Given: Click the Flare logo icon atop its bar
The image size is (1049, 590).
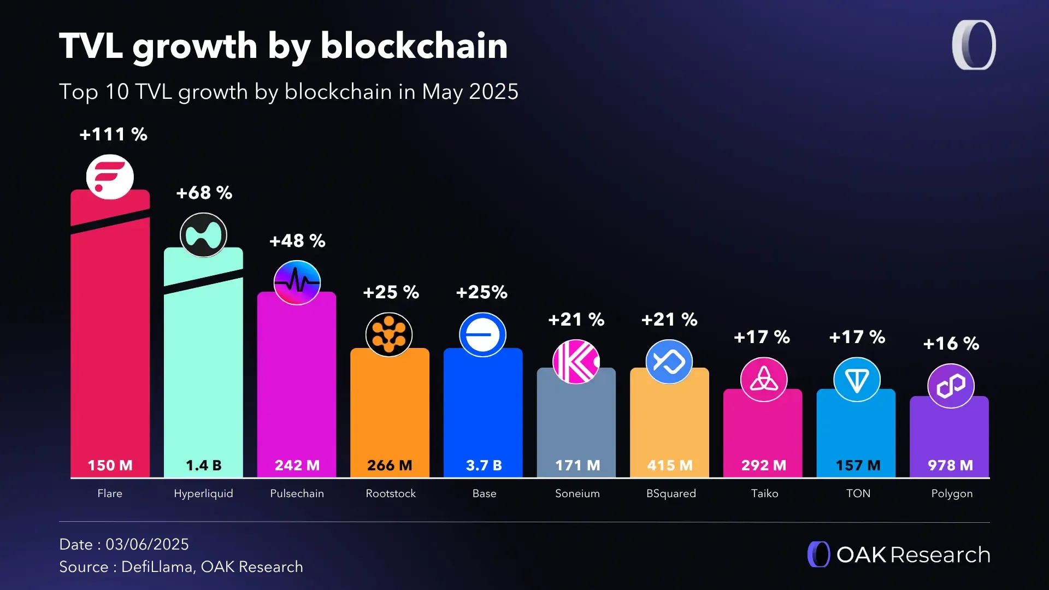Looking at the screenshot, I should pos(110,177).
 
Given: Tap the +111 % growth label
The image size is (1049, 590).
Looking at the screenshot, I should pos(114,134).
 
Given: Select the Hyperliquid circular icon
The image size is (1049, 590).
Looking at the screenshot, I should pos(203,235).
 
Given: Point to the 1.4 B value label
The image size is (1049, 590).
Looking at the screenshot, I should pos(203,465).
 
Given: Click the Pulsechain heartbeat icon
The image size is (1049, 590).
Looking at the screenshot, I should pos(297,282).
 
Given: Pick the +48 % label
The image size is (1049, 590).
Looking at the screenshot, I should pos(297,241).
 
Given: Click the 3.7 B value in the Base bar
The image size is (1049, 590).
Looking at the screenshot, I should pos(484,465).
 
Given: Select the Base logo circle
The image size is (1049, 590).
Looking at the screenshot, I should pos(482,335).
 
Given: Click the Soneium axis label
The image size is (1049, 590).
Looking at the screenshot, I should pos(577,493).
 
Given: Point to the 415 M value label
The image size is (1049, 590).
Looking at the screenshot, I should pos(670,465).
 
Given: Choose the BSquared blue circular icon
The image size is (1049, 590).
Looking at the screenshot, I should pos(669,362).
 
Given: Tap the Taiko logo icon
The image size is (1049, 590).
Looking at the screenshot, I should pos(763,379).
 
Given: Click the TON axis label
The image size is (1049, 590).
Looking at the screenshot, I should pos(858,493).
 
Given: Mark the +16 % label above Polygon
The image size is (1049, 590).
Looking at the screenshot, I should pos(951,344).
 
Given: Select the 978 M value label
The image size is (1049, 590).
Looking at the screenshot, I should pos(950,465).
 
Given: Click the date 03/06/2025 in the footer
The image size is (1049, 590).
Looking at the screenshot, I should pos(147,544).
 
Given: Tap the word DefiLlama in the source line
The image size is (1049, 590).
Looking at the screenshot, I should pos(157,567).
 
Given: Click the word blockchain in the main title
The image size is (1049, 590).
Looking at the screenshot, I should pos(414,46).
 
